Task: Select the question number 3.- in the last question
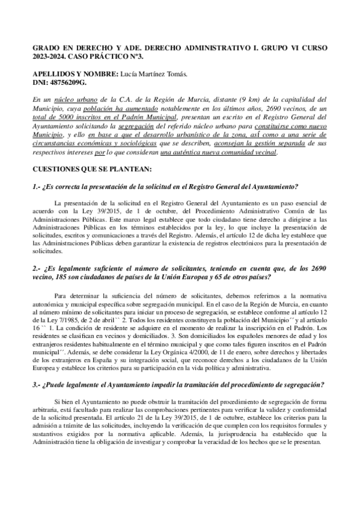tap(38, 384)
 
